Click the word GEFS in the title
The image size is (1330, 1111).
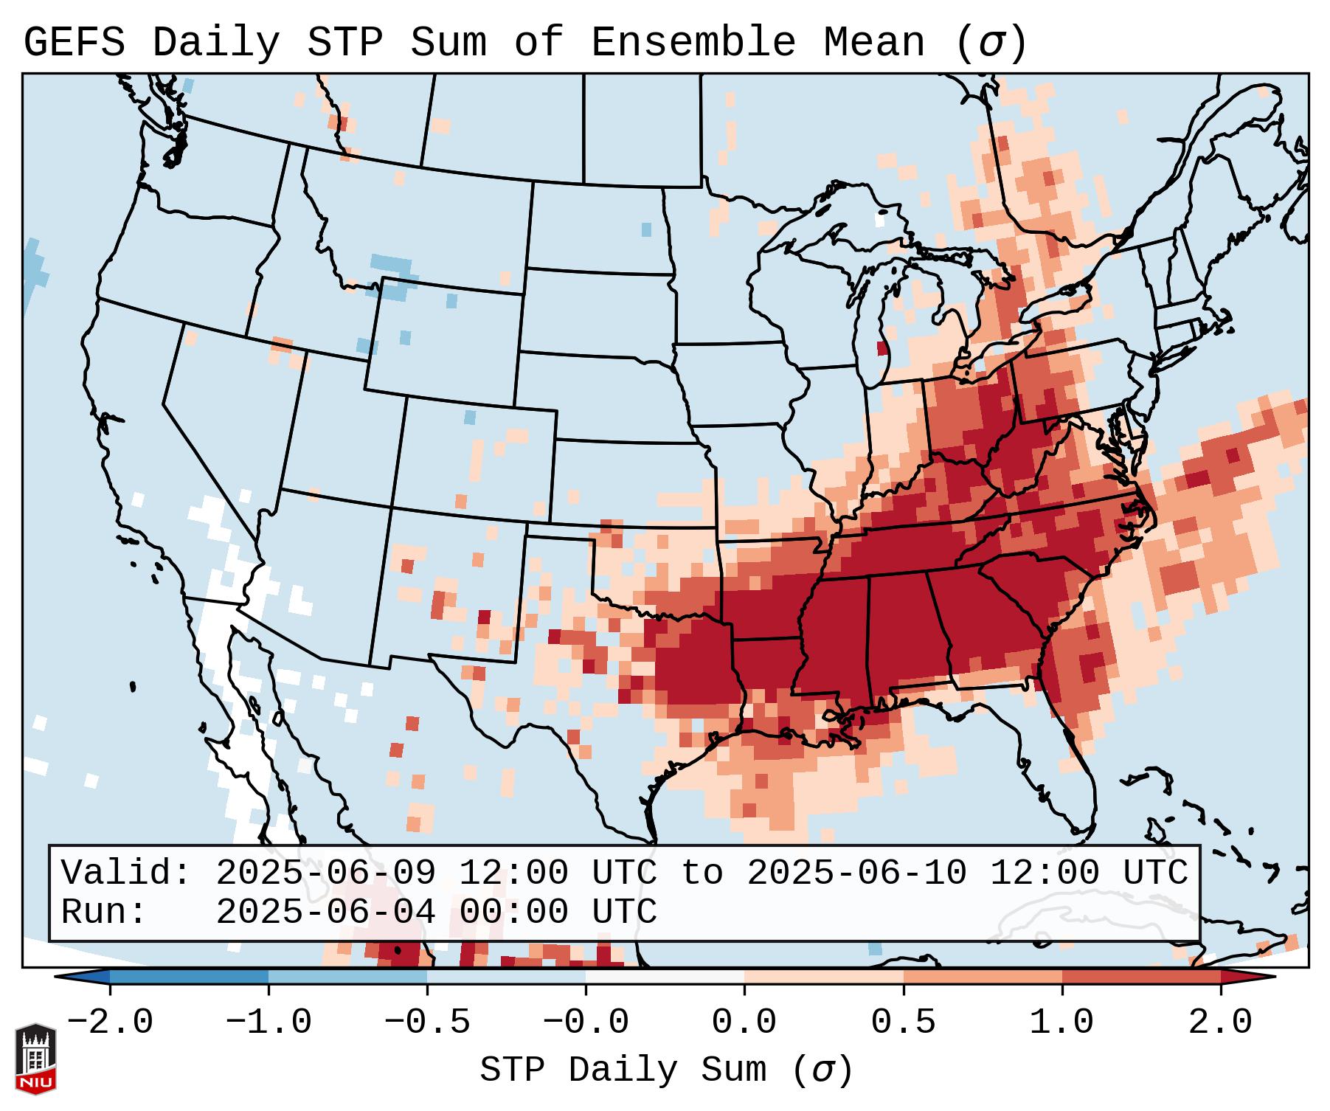coord(74,43)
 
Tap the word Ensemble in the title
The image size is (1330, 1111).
coord(693,43)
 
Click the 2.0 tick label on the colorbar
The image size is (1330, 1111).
coord(1221,1022)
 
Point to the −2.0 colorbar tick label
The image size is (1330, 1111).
coord(109,1022)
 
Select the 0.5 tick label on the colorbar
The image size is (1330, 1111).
coord(903,1022)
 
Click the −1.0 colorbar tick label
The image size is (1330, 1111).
coord(268,1022)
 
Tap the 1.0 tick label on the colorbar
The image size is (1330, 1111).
coord(1061,1022)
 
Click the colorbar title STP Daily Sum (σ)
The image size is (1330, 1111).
coord(666,1070)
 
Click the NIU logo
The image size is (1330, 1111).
coord(35,1059)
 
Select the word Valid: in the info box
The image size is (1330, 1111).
coord(126,873)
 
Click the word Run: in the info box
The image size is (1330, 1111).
coord(104,912)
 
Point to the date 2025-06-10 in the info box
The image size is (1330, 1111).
coord(856,873)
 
